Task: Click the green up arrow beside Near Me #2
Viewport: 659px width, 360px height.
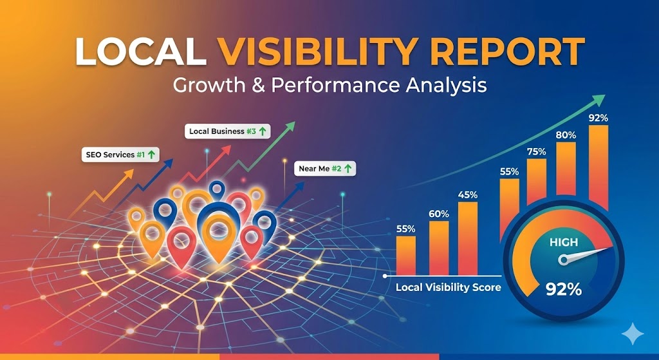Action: (x=348, y=169)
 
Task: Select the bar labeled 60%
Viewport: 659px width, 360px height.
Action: (x=439, y=247)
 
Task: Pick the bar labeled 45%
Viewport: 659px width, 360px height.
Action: (x=468, y=238)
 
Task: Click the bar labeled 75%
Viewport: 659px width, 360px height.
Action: (x=536, y=187)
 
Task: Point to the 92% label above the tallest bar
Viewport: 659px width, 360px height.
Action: (x=598, y=118)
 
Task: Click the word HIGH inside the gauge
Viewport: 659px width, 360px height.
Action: (x=564, y=243)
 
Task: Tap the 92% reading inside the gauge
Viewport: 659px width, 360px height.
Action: (x=563, y=289)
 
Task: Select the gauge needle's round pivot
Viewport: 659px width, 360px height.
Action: (x=564, y=260)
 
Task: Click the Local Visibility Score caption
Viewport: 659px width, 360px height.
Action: (x=448, y=287)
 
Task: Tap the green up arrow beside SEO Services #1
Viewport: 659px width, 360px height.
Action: (x=151, y=155)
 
